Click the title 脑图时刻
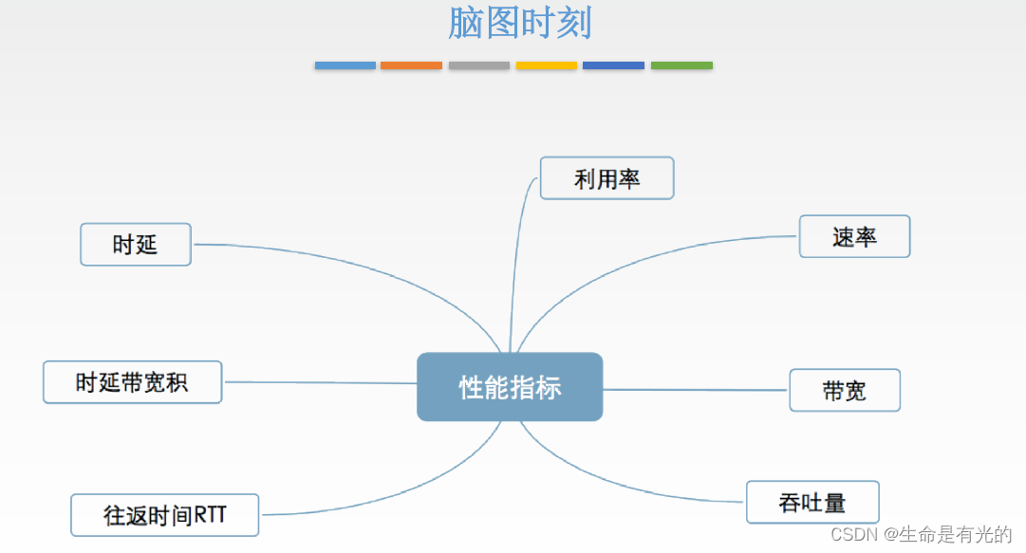[x=520, y=24]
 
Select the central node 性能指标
[x=510, y=387]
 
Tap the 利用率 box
[x=606, y=178]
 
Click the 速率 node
[x=854, y=236]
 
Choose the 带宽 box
[x=844, y=390]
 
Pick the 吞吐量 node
[x=812, y=502]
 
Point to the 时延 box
[x=136, y=245]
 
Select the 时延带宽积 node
[x=132, y=382]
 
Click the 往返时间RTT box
[x=165, y=516]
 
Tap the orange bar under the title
[x=411, y=65]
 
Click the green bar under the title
[x=681, y=65]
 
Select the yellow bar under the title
[x=546, y=65]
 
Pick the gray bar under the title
[x=479, y=65]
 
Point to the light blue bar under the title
[x=345, y=65]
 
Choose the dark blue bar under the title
[x=613, y=65]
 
